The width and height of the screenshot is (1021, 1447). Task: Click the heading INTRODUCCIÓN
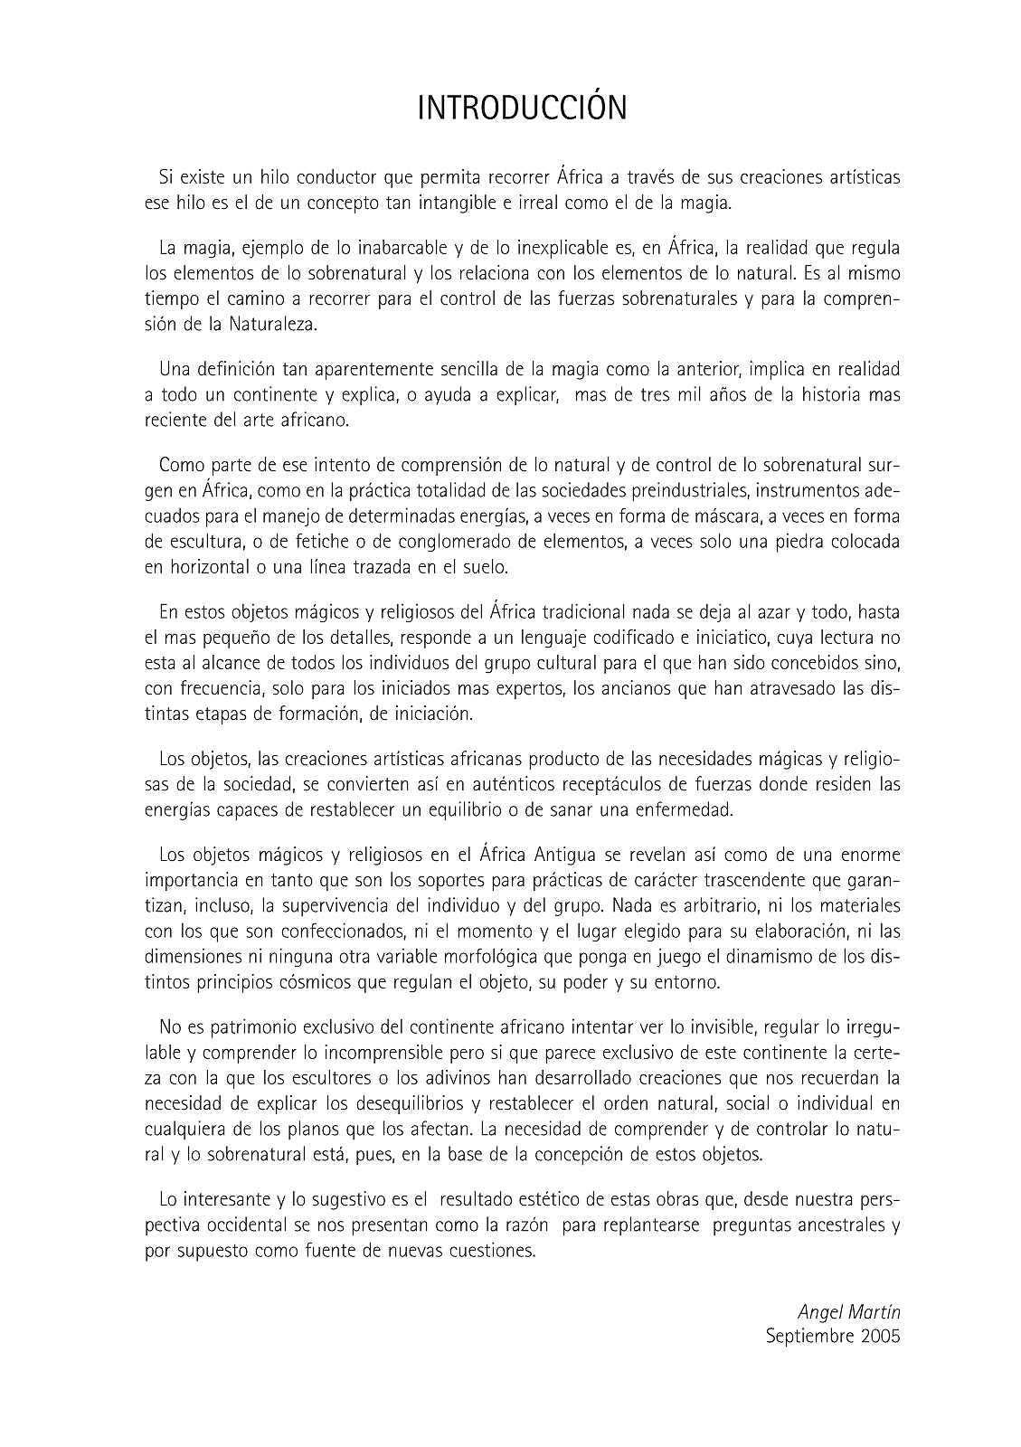(522, 109)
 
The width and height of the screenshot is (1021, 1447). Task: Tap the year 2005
(880, 1336)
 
